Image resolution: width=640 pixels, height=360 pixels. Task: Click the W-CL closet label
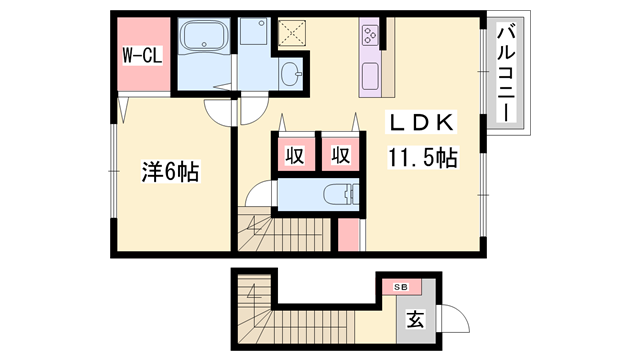tap(143, 54)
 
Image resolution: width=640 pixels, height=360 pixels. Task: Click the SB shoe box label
tap(401, 287)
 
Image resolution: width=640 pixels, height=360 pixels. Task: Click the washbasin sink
tap(290, 74)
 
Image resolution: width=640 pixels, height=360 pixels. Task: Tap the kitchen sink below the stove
tap(369, 75)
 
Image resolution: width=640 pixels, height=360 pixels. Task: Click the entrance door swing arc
tap(455, 320)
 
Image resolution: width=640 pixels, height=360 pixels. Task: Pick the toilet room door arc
tap(258, 194)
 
